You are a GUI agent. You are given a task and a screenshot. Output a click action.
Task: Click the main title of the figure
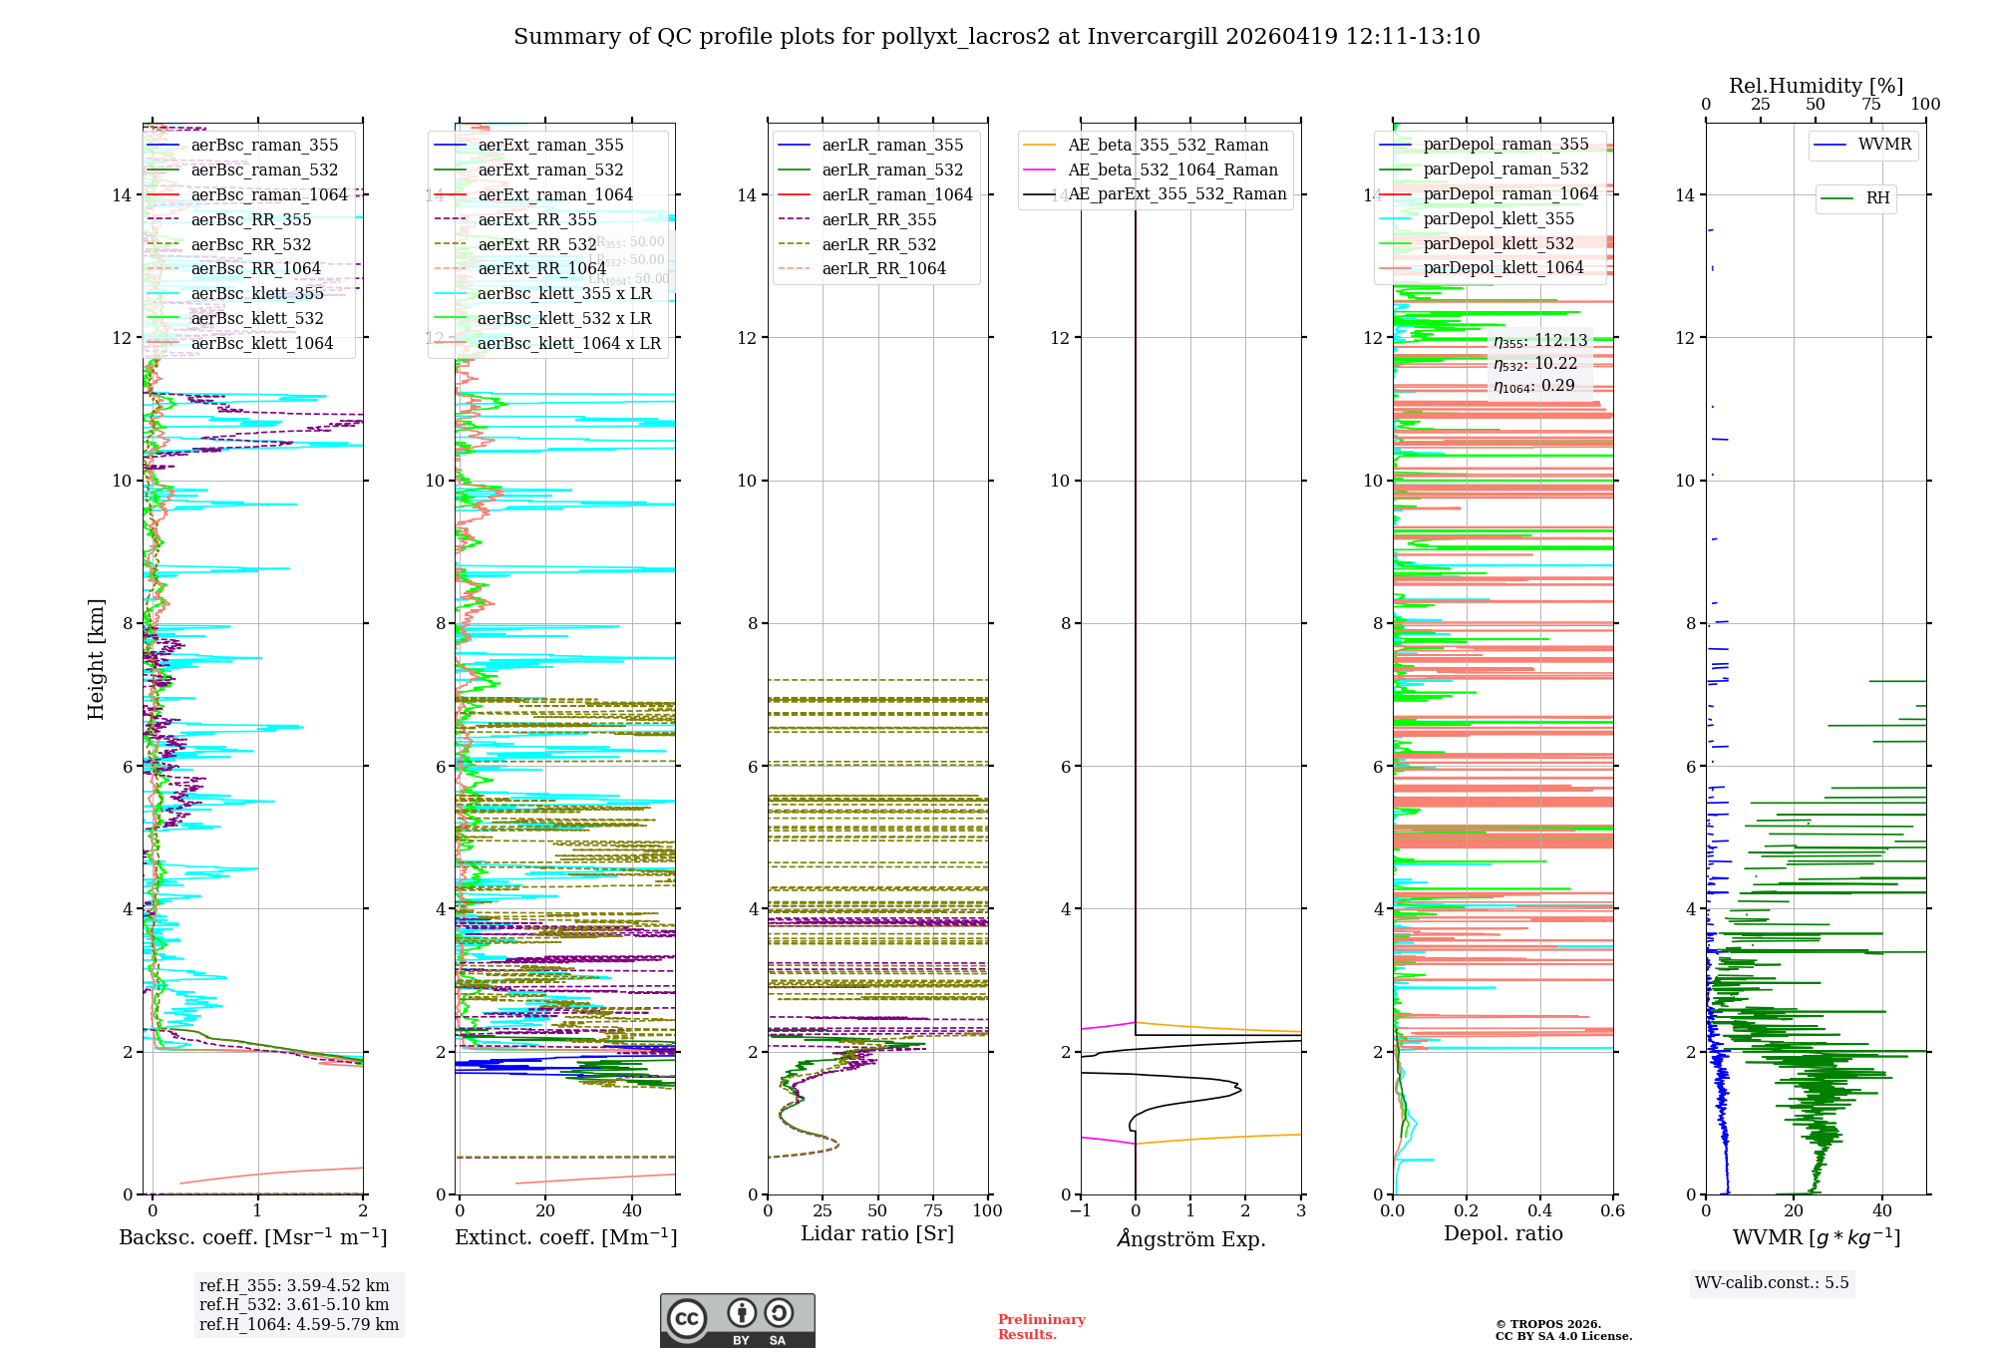[x=996, y=37]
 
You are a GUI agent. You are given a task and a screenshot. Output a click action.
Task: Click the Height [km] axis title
[x=96, y=659]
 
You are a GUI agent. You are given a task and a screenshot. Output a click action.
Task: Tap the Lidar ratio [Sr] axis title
[x=877, y=1233]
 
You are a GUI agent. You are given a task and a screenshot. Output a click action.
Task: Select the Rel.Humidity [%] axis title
[x=1816, y=86]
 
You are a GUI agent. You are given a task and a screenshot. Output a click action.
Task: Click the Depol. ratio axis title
[x=1502, y=1233]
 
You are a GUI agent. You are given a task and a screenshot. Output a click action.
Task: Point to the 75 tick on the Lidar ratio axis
[x=933, y=1211]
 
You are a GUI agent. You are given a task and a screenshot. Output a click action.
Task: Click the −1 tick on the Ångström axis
[x=1080, y=1211]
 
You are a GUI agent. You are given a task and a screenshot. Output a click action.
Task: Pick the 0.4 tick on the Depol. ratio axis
[x=1539, y=1211]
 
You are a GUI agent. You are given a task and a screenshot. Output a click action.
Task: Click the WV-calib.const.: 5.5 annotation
[x=1772, y=1282]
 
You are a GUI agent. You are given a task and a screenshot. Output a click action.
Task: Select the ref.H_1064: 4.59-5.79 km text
[x=299, y=1324]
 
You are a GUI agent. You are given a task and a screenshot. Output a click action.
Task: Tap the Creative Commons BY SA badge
[x=737, y=1320]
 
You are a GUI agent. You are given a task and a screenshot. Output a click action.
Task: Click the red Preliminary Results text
[x=1041, y=1327]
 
